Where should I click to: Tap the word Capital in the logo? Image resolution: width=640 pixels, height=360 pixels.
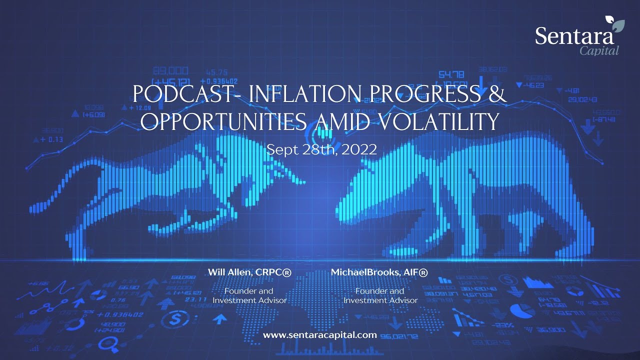pyautogui.click(x=599, y=50)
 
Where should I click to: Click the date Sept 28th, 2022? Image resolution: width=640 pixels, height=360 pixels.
pyautogui.click(x=321, y=149)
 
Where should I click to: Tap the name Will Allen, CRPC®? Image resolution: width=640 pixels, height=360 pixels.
pyautogui.click(x=249, y=272)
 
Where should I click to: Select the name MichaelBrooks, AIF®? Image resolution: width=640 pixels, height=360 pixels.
pyautogui.click(x=379, y=272)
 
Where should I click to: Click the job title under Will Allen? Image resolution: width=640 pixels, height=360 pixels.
pyautogui.click(x=249, y=295)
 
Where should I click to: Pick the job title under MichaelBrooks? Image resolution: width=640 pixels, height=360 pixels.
pyautogui.click(x=380, y=295)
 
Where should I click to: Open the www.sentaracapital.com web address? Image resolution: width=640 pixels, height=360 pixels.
pyautogui.click(x=319, y=335)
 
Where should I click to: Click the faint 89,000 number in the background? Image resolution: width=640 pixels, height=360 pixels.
pyautogui.click(x=170, y=70)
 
